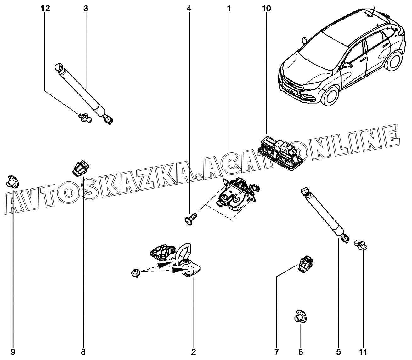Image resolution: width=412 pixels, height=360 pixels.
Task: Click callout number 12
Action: (45, 9)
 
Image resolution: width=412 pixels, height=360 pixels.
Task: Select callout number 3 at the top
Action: (86, 9)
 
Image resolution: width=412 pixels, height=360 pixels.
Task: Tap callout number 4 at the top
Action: (189, 9)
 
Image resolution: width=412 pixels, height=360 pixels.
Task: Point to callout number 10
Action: (266, 9)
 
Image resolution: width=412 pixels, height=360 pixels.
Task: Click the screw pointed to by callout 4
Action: (190, 220)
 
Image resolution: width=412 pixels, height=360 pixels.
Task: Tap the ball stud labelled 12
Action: (85, 117)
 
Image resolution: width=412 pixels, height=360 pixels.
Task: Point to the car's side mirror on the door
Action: (347, 65)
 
